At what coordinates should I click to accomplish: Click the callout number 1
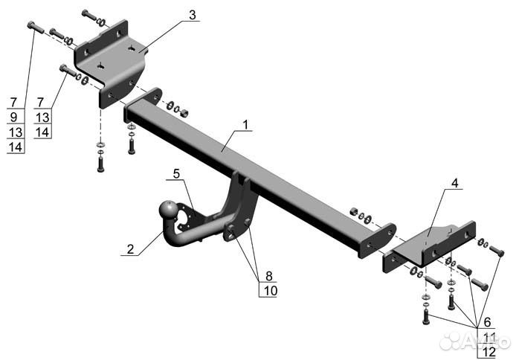(x=245, y=125)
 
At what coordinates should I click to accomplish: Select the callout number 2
(x=130, y=248)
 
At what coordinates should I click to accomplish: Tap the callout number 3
(x=193, y=15)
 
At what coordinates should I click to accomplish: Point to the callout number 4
(x=455, y=183)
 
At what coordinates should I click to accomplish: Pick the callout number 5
(x=176, y=174)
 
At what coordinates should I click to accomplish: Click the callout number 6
(x=487, y=321)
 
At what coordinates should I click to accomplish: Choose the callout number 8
(x=268, y=275)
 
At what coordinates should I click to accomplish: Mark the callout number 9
(x=13, y=117)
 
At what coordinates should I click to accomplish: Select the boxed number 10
(x=270, y=290)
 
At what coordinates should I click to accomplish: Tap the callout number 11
(x=489, y=337)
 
